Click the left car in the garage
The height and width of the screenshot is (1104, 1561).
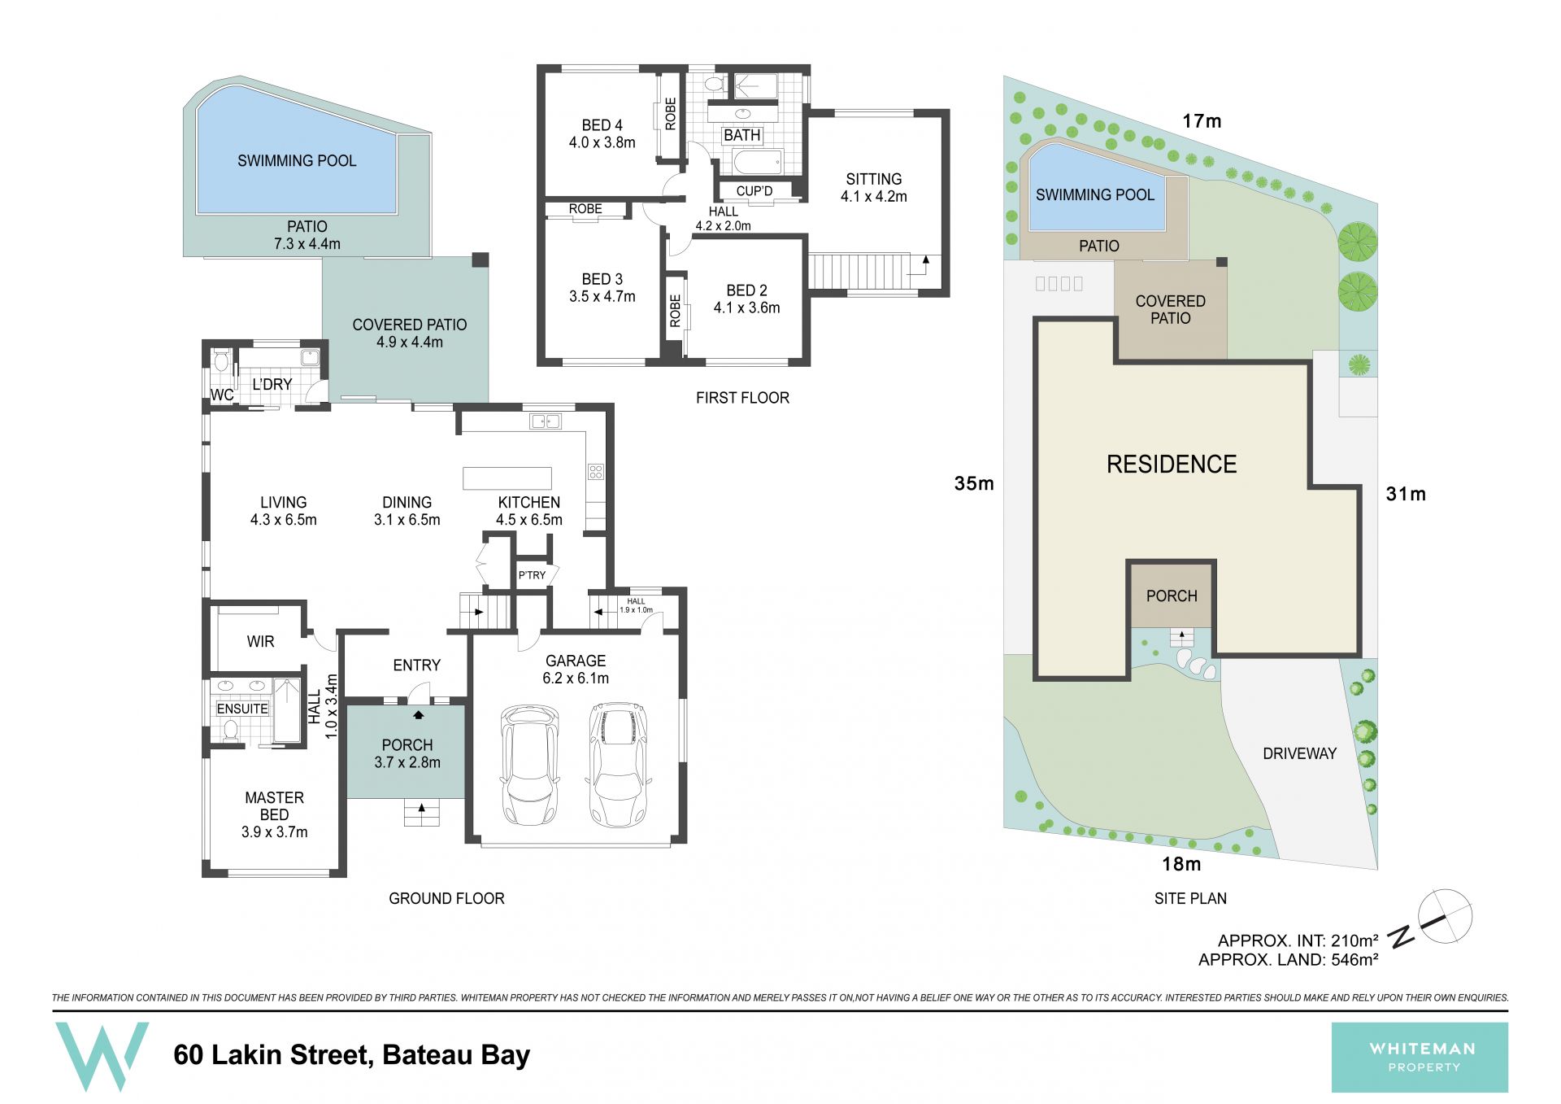pos(530,765)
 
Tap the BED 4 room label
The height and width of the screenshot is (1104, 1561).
pos(602,125)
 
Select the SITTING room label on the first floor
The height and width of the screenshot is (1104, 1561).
pos(874,179)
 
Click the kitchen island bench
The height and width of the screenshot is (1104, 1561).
pos(507,478)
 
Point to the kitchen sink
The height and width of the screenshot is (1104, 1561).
pos(545,421)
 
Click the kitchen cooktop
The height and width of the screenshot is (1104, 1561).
pos(596,471)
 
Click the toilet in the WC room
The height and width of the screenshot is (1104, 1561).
pos(221,362)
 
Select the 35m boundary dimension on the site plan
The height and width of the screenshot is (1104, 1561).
pos(974,483)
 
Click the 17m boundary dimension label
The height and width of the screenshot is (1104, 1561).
pos(1202,121)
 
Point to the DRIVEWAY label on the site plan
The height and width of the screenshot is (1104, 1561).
pos(1299,753)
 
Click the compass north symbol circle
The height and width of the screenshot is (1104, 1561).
pos(1445,916)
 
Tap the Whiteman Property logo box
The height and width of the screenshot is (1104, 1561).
pos(1420,1057)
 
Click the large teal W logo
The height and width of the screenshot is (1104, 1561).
pos(102,1056)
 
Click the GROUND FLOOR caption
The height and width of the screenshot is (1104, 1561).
pos(446,898)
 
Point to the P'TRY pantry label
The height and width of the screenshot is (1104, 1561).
pos(532,575)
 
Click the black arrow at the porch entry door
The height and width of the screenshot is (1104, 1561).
pos(419,715)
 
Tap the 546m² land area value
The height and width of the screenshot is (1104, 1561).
pos(1354,959)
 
